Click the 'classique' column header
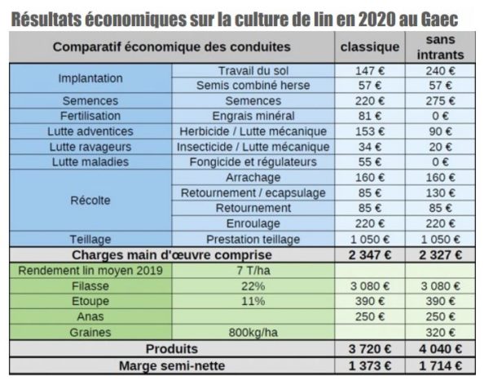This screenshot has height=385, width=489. (369, 47)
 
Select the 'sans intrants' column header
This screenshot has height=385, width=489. (442, 47)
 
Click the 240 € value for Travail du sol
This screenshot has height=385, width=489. (442, 71)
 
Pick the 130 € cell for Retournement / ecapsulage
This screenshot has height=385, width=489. (442, 192)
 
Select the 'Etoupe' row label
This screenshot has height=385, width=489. (89, 300)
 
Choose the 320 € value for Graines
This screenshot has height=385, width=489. (442, 332)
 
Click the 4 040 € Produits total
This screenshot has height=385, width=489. (442, 349)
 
